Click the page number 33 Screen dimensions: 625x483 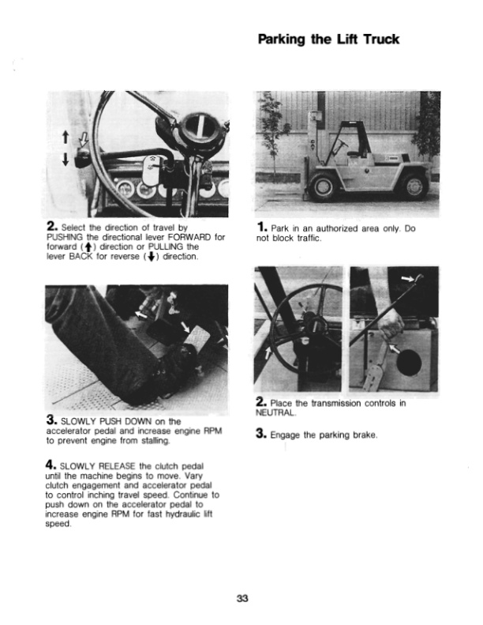pyautogui.click(x=241, y=597)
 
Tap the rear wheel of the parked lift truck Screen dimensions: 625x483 pyautogui.click(x=411, y=186)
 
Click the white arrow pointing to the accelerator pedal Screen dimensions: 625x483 pyautogui.click(x=183, y=326)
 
